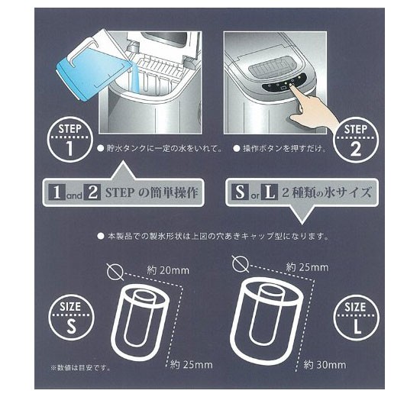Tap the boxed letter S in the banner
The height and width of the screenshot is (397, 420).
pos(242,193)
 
